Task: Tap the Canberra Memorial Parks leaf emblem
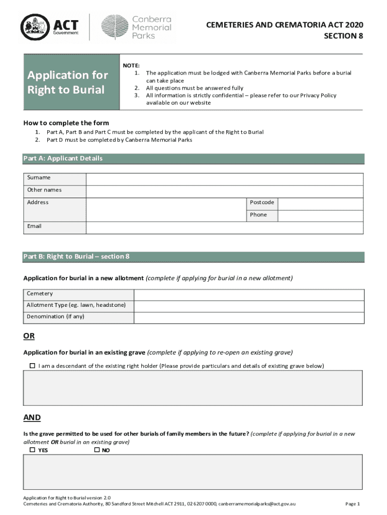point(114,27)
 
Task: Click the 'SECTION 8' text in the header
point(343,36)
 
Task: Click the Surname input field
point(225,179)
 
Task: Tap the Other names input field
point(225,191)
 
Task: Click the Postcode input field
point(320,203)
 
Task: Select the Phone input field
point(320,215)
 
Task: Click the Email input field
point(225,227)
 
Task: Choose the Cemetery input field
point(249,295)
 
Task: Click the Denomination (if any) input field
point(249,318)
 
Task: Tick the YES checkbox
point(33,450)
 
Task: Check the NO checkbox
point(97,450)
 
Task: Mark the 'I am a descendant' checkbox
point(33,366)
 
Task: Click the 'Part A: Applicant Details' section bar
point(193,159)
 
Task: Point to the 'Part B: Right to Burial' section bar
point(193,257)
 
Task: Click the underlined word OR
point(29,336)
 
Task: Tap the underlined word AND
point(32,418)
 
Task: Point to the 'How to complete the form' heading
point(66,123)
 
